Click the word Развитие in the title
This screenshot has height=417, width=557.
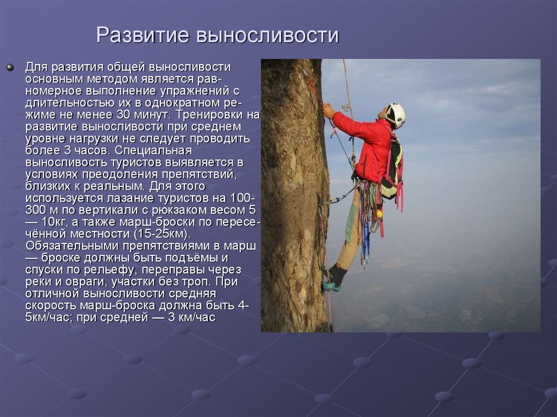(x=143, y=35)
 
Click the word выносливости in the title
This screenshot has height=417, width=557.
(x=267, y=35)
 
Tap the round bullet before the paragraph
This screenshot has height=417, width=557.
(x=9, y=67)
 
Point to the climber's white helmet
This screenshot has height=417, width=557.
(x=396, y=114)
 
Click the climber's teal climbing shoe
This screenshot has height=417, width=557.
(x=331, y=286)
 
